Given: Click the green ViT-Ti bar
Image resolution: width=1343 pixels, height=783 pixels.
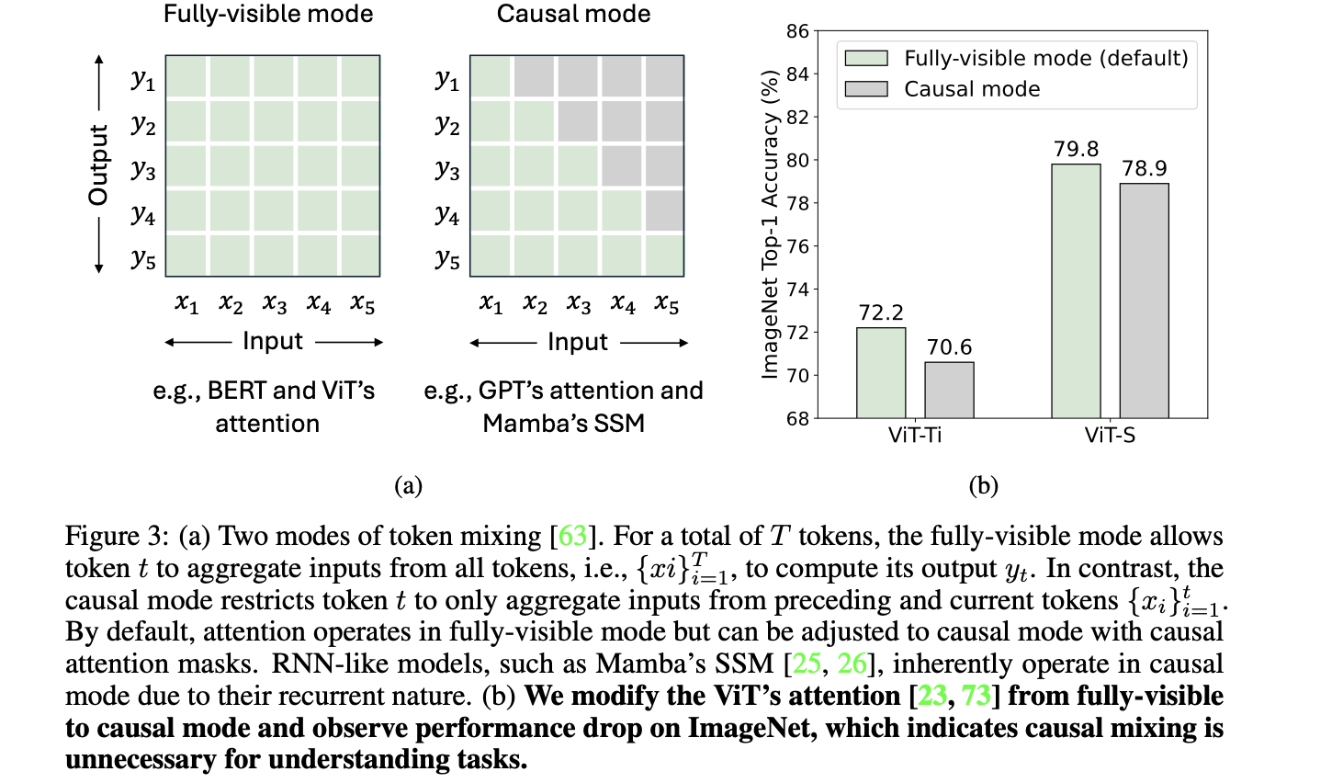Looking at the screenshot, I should click(881, 373).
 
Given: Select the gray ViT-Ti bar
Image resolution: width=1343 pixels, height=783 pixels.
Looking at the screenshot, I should click(949, 391).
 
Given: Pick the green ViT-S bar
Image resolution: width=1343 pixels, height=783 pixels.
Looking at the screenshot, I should click(1076, 291).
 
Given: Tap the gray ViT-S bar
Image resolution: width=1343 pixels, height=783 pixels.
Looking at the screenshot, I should click(1144, 301).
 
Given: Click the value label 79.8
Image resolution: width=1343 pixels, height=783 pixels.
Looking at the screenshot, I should click(1076, 149).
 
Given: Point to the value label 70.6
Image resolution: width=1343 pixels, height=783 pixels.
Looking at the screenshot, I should click(949, 347).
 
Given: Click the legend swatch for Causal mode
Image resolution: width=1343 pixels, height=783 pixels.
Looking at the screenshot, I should click(865, 89).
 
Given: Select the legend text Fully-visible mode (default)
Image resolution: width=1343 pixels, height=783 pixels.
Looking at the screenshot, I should click(1045, 59).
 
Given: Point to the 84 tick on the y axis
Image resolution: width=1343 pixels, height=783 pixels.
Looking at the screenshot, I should click(797, 74).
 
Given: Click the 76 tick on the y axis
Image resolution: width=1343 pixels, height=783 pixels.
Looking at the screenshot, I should click(797, 246).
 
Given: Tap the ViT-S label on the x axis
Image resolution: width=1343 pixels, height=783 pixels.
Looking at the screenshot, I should click(1110, 436).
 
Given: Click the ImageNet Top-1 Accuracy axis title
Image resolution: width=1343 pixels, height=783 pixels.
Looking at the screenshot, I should click(770, 224).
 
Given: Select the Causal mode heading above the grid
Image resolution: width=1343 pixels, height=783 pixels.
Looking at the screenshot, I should click(573, 14).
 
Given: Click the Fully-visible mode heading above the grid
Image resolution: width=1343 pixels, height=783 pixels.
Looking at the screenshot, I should click(268, 14).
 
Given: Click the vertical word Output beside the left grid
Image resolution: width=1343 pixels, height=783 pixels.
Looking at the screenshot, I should click(98, 165).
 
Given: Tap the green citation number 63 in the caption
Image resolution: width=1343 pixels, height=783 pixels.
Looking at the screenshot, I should click(572, 536).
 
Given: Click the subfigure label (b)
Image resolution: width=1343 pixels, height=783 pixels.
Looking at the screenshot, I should click(983, 485).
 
